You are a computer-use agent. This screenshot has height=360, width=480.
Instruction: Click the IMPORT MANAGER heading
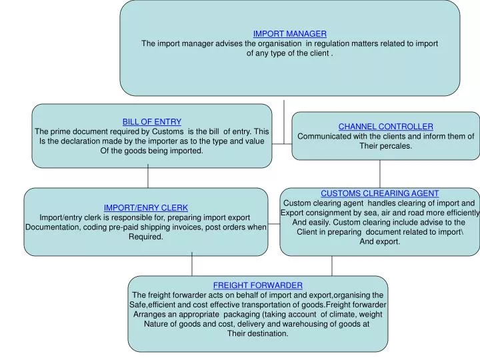289,33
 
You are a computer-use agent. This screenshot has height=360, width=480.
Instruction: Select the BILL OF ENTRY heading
151,121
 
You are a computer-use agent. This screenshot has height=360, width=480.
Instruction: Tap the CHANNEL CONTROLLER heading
385,126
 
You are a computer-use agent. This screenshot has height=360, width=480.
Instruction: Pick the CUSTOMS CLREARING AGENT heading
379,193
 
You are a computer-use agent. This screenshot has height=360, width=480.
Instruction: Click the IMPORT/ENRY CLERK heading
145,207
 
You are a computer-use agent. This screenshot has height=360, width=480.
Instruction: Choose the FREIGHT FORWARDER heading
257,285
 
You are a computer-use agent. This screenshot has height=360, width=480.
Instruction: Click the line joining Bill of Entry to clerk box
148,177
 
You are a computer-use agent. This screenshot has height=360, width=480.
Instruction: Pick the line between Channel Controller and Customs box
380,173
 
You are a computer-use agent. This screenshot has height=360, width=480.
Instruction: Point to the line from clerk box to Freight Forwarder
192,265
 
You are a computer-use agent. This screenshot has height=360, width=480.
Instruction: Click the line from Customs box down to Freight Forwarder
332,265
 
